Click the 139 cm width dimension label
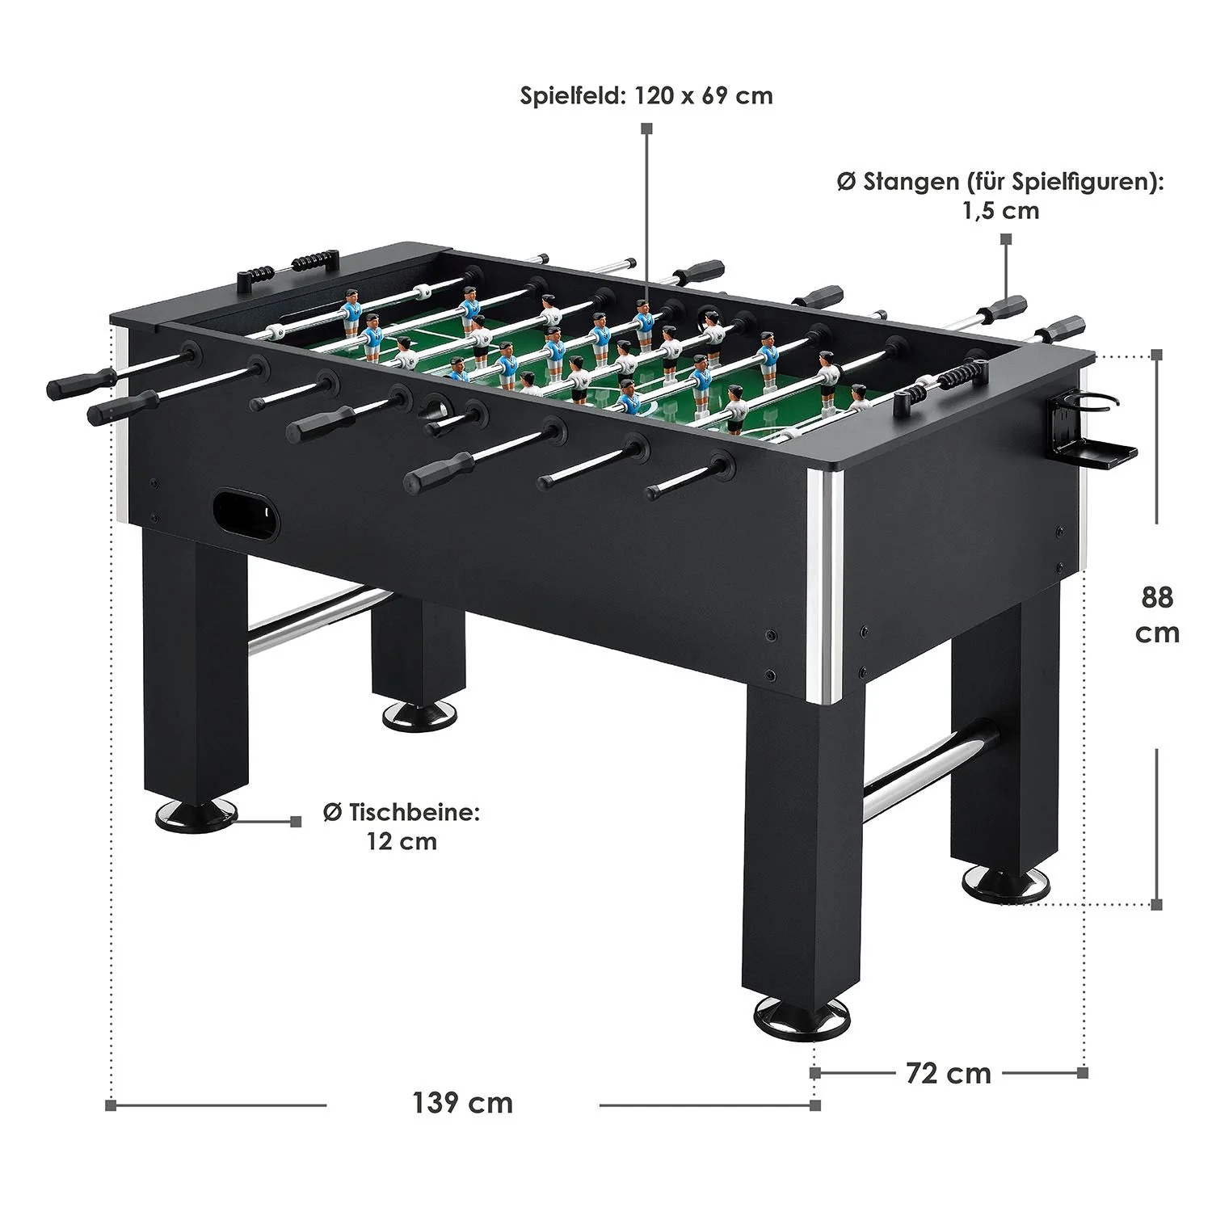click(x=462, y=1103)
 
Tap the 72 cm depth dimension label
click(x=948, y=1073)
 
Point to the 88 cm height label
click(x=1157, y=614)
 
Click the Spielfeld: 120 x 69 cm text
click(x=646, y=96)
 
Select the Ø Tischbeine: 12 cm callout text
click(x=402, y=827)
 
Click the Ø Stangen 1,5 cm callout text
click(x=1000, y=196)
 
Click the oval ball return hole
click(x=245, y=513)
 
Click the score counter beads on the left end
click(x=310, y=263)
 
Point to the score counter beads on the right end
click(x=961, y=376)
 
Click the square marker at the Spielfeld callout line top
click(x=646, y=128)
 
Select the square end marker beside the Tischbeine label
click(x=296, y=822)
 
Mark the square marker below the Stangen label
click(x=1006, y=239)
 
